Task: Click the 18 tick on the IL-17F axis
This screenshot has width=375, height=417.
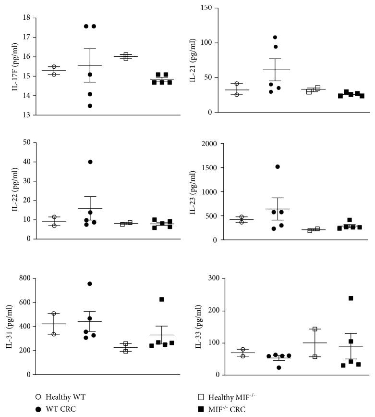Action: point(26,18)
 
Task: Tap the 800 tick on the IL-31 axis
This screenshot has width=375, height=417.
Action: point(24,278)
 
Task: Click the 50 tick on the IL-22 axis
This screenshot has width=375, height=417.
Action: point(26,143)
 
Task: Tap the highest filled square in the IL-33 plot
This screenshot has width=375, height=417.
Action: point(351,298)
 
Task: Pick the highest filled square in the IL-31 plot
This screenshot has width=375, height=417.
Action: point(162,299)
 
